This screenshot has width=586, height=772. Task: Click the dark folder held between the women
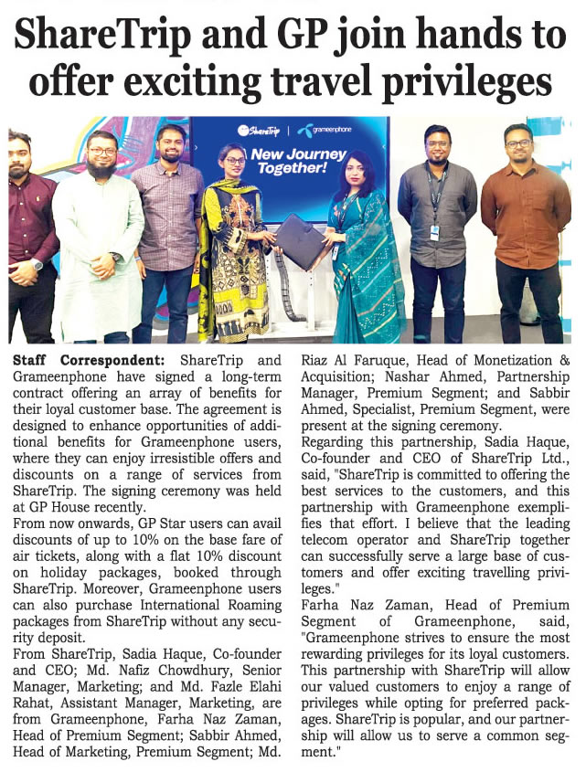[x=301, y=241]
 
